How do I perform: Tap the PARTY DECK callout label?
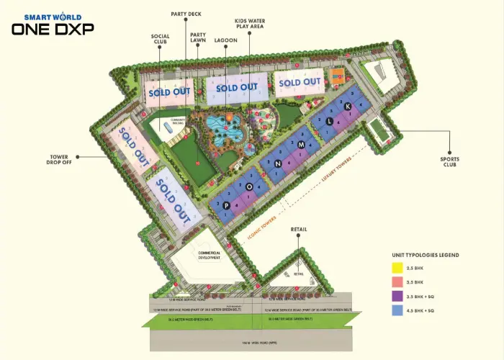click(x=185, y=14)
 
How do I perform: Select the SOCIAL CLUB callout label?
click(x=160, y=37)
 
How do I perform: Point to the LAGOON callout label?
click(x=225, y=41)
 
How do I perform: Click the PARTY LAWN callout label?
click(x=198, y=37)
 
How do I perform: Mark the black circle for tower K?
click(x=347, y=107)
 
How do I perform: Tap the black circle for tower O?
click(x=249, y=186)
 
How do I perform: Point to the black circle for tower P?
click(x=226, y=205)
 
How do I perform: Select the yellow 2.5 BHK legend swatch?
click(x=395, y=268)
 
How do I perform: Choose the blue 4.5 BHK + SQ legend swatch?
click(x=395, y=311)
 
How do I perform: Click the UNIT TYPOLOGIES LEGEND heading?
click(x=425, y=255)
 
